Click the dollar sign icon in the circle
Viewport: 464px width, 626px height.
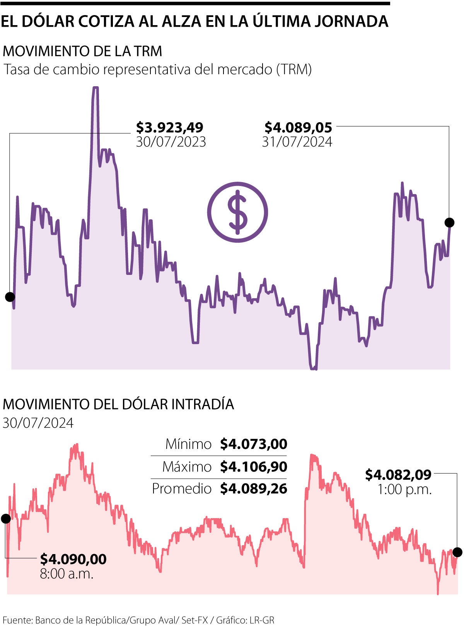coord(237,212)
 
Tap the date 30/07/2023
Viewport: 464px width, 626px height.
coord(171,142)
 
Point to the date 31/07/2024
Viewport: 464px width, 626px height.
coord(297,142)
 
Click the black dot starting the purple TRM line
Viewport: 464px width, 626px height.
coord(10,297)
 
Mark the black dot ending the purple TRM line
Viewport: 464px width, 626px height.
coord(449,222)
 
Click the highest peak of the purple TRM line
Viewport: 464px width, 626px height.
coord(95,88)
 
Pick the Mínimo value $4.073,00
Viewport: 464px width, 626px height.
coord(254,444)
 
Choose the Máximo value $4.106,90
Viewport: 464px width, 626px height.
coord(254,467)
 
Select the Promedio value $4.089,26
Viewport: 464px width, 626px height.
coord(254,489)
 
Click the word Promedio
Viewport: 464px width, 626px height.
coord(181,489)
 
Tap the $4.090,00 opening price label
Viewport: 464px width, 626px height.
coord(73,559)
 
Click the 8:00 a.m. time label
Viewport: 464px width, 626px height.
coord(67,573)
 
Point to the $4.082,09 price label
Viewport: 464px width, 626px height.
coord(398,474)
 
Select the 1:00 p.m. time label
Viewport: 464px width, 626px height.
coord(404,490)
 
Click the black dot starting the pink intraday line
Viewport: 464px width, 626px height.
coord(6,519)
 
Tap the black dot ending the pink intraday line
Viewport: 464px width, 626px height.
coord(457,552)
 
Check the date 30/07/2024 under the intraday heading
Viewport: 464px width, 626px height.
coord(38,423)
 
